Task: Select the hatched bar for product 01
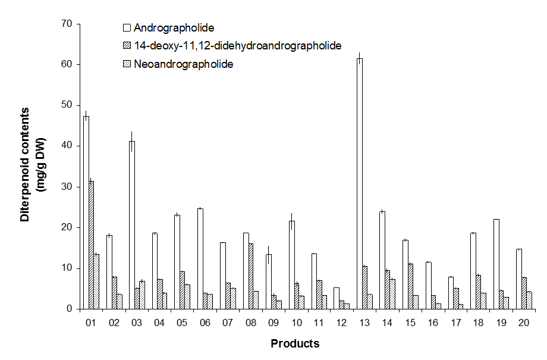coord(92,245)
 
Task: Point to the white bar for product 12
coord(337,298)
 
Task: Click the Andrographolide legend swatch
coord(127,27)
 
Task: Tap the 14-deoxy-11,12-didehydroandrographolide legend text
coord(237,46)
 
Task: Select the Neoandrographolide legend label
coord(183,64)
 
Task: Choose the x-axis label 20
coord(523,323)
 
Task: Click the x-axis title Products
coord(295,343)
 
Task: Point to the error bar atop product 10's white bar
coord(291,217)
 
